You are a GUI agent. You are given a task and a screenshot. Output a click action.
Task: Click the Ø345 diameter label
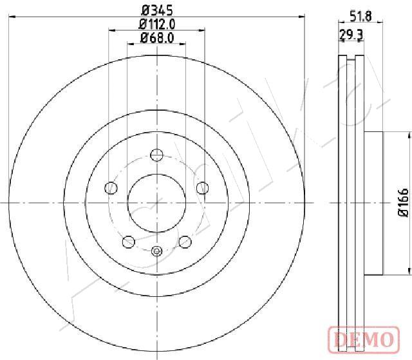157,10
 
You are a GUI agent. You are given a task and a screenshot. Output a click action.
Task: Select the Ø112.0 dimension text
157,24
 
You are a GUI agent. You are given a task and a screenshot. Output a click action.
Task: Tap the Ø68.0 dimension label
157,38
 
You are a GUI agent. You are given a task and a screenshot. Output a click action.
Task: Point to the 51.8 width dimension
361,17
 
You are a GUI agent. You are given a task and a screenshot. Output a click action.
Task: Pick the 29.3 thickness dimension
351,34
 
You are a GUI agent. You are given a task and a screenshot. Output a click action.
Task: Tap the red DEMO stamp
364,339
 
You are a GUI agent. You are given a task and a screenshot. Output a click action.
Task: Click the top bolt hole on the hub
156,155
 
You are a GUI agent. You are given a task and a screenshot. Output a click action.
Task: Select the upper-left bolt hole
111,188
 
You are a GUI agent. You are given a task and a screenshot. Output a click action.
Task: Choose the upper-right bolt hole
203,188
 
